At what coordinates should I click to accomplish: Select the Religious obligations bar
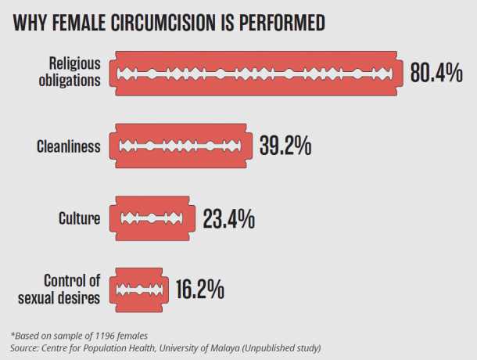[x=259, y=74]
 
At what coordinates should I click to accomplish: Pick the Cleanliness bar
[x=181, y=146]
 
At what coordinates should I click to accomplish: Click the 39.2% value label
[x=285, y=146]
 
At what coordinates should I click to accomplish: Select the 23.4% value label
[x=228, y=218]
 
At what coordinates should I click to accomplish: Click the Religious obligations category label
[x=74, y=71]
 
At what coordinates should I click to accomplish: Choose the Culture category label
[x=80, y=218]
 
